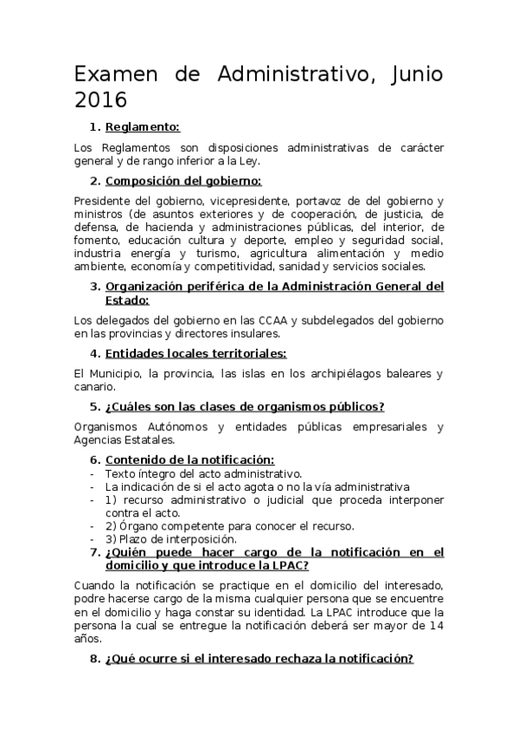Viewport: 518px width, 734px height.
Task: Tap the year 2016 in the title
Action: point(100,99)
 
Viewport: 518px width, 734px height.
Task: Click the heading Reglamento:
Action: point(143,127)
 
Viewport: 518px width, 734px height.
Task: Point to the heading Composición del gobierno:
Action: point(183,181)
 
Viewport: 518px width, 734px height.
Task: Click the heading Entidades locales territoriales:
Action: point(195,353)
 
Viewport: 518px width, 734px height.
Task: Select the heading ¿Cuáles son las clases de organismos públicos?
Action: point(245,407)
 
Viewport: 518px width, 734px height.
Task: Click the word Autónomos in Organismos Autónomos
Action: point(173,427)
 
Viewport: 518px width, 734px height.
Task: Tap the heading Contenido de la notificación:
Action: point(189,460)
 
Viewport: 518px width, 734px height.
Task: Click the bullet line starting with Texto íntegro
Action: point(203,473)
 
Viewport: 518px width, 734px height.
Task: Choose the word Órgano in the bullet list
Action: point(137,525)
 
